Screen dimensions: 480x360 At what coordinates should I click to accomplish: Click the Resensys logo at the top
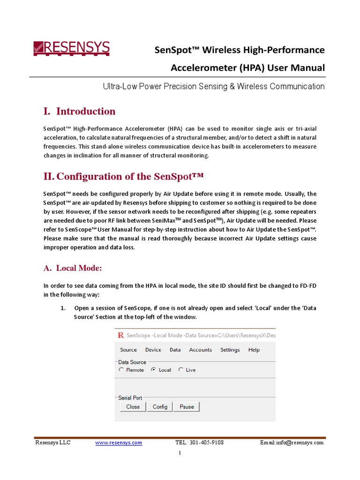point(71,48)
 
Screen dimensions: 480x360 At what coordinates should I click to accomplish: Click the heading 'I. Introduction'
point(79,112)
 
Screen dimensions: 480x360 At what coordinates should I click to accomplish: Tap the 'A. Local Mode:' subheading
point(73,268)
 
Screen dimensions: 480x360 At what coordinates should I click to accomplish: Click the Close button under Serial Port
point(133,407)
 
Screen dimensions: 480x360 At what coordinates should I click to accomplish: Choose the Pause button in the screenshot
point(187,407)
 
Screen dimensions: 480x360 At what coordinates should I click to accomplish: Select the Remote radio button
point(121,370)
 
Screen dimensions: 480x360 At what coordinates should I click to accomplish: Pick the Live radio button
point(181,370)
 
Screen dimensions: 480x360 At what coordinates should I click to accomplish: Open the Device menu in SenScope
point(153,350)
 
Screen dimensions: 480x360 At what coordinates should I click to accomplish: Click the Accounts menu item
point(200,350)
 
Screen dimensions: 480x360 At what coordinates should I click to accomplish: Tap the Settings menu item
point(230,350)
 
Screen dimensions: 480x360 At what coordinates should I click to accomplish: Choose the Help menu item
point(254,350)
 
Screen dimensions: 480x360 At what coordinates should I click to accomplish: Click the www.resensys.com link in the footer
point(119,442)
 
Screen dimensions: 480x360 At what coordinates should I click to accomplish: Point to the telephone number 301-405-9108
point(206,442)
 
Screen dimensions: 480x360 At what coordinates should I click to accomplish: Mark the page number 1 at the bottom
point(180,453)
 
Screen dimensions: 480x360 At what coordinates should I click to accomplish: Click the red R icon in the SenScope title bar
point(121,335)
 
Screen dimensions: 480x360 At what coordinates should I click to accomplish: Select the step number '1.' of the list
point(63,308)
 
